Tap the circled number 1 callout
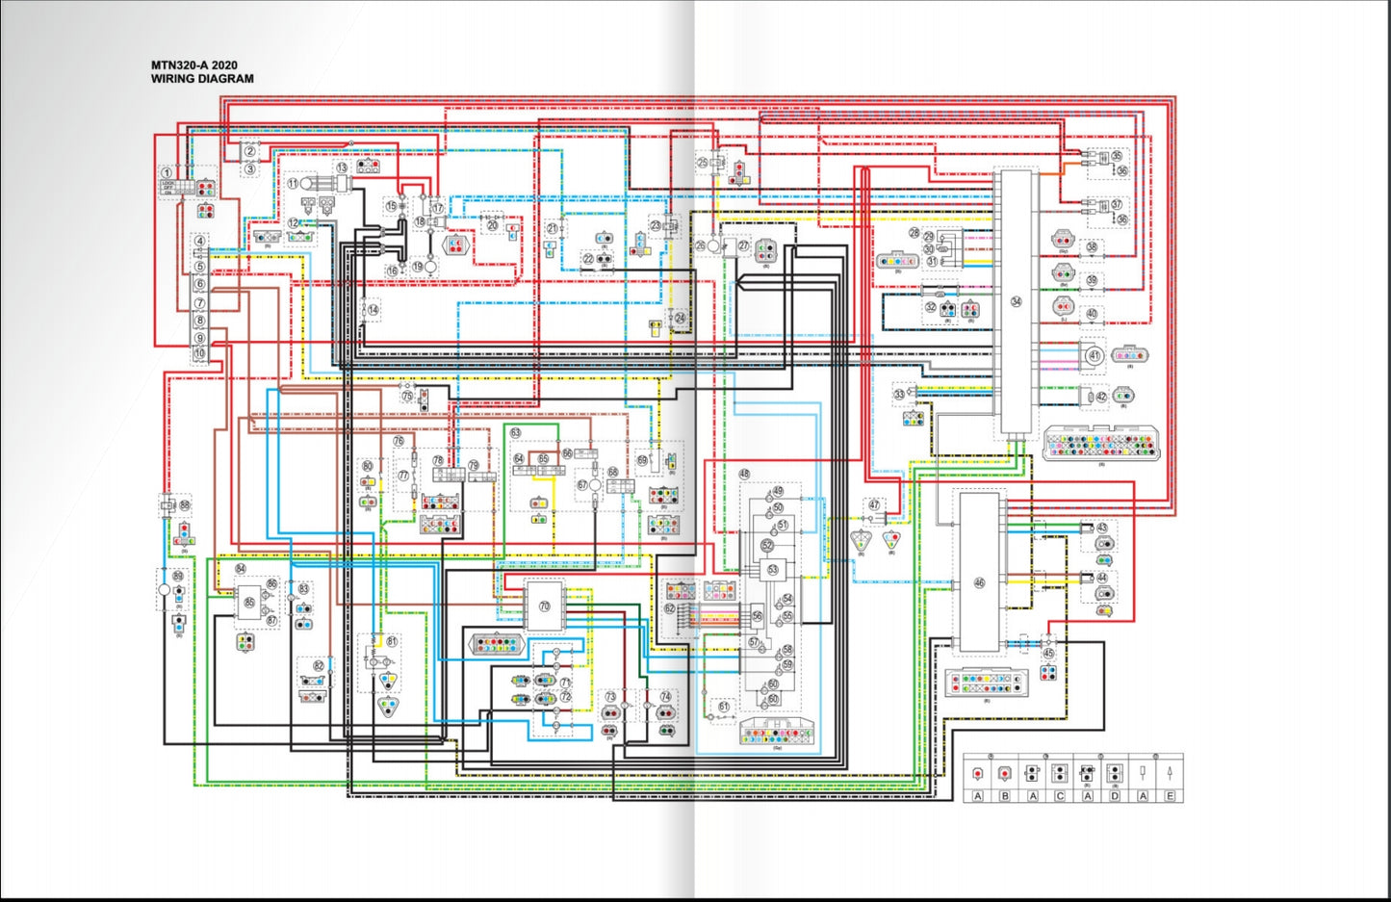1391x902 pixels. pyautogui.click(x=167, y=172)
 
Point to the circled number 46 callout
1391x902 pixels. pyautogui.click(x=979, y=582)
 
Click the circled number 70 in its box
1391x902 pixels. pyautogui.click(x=544, y=606)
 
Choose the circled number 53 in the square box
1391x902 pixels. pyautogui.click(x=772, y=570)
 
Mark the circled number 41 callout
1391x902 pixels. pyautogui.click(x=1094, y=355)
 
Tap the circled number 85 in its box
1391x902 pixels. pyautogui.click(x=249, y=603)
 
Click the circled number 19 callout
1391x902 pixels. pyautogui.click(x=418, y=266)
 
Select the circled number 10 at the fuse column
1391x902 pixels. pyautogui.click(x=199, y=354)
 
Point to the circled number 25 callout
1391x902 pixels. pyautogui.click(x=702, y=164)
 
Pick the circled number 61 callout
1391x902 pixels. pyautogui.click(x=724, y=706)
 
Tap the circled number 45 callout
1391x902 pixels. pyautogui.click(x=1048, y=654)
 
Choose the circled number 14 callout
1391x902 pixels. pyautogui.click(x=373, y=310)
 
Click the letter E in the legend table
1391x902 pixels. pyautogui.click(x=1170, y=796)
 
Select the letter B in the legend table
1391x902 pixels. pyautogui.click(x=1004, y=796)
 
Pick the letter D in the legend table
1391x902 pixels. pyautogui.click(x=1115, y=796)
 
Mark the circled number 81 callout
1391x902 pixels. pyautogui.click(x=392, y=640)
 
